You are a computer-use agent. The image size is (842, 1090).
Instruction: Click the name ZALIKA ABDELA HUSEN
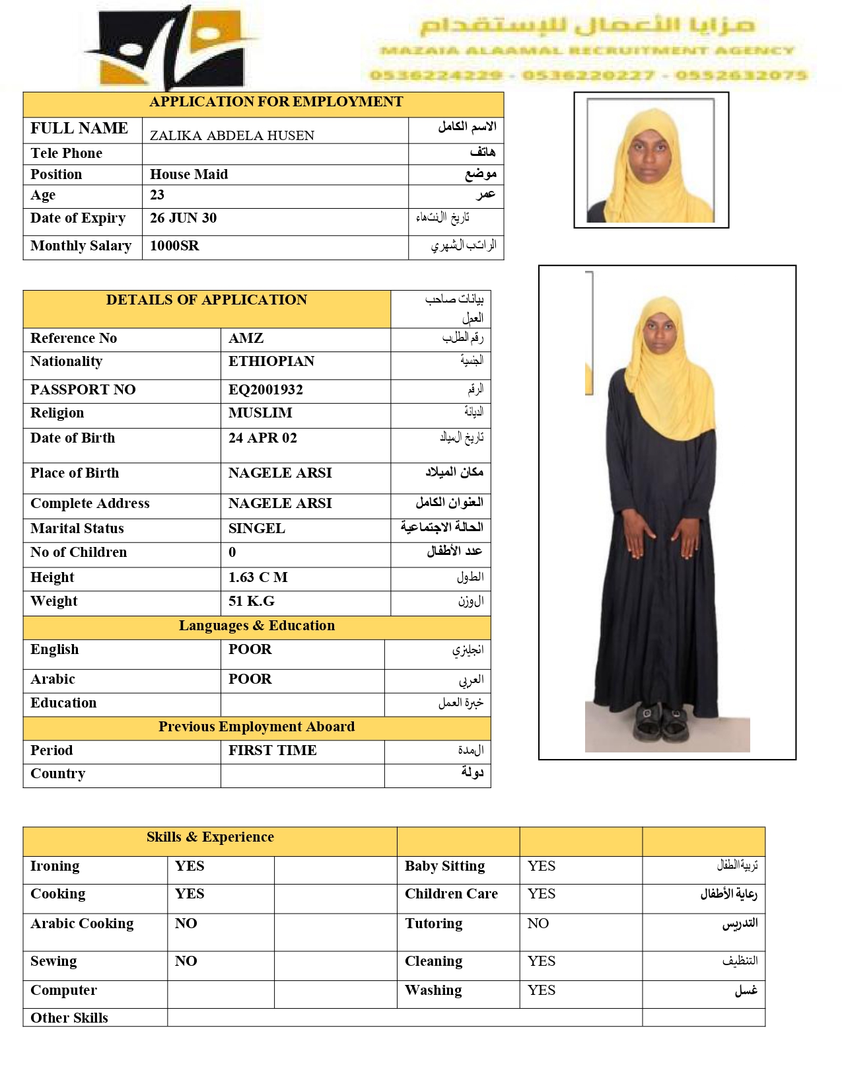(x=232, y=135)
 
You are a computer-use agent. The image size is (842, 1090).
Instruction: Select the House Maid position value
(x=189, y=174)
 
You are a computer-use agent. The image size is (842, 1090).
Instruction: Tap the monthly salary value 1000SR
(x=174, y=246)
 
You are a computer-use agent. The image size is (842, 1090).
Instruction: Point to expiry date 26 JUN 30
(x=183, y=218)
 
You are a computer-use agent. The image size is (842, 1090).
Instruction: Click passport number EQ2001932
(x=265, y=390)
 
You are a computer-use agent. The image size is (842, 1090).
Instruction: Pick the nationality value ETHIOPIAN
(x=271, y=361)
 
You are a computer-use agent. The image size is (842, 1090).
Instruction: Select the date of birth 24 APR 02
(x=263, y=438)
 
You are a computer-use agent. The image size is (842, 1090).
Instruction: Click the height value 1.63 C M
(x=258, y=577)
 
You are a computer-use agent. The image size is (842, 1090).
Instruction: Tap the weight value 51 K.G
(x=252, y=601)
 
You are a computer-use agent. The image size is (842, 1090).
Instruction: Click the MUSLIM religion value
(x=260, y=413)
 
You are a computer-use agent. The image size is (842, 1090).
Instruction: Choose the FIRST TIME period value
(x=273, y=750)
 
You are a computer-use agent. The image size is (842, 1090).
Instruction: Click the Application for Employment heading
(x=276, y=102)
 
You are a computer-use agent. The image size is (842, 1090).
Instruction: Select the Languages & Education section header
(x=257, y=626)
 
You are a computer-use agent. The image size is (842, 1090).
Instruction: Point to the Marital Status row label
(x=77, y=528)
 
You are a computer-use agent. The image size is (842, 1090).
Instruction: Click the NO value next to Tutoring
(x=538, y=924)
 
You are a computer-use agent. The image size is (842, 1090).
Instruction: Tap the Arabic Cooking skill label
(x=82, y=924)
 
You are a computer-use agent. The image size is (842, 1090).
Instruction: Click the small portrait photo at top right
(x=651, y=161)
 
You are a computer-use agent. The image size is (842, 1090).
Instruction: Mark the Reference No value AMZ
(x=246, y=338)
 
